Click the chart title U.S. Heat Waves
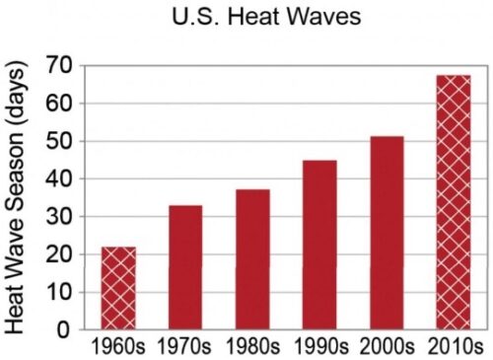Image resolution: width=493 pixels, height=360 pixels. click(x=266, y=16)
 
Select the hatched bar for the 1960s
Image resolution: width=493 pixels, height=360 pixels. click(x=118, y=288)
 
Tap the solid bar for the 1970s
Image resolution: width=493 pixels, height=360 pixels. click(x=185, y=267)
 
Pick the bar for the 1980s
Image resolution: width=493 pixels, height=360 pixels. click(x=252, y=259)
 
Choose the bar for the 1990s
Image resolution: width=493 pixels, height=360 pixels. click(x=319, y=245)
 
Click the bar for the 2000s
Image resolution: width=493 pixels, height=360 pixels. click(x=387, y=233)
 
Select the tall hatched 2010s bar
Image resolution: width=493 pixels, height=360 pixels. click(x=454, y=202)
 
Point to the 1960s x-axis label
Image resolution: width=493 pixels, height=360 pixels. click(x=117, y=346)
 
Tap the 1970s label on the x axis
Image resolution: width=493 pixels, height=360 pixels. click(x=184, y=346)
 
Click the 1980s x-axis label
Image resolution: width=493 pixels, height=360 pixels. click(x=252, y=346)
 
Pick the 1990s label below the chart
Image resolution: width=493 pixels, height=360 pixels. click(x=320, y=346)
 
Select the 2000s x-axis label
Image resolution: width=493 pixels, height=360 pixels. click(x=387, y=346)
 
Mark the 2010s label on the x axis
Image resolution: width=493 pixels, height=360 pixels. click(x=456, y=346)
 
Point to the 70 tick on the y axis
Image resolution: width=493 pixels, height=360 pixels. click(x=58, y=65)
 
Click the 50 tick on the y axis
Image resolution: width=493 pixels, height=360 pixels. click(x=58, y=141)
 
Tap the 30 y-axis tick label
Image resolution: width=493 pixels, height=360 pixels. click(x=58, y=216)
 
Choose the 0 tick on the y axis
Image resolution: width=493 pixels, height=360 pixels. click(x=64, y=329)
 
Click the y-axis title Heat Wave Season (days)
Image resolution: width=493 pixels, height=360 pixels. click(x=15, y=197)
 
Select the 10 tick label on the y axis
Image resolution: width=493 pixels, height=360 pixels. click(x=58, y=292)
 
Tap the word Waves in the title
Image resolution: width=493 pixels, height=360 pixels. click(x=324, y=17)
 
